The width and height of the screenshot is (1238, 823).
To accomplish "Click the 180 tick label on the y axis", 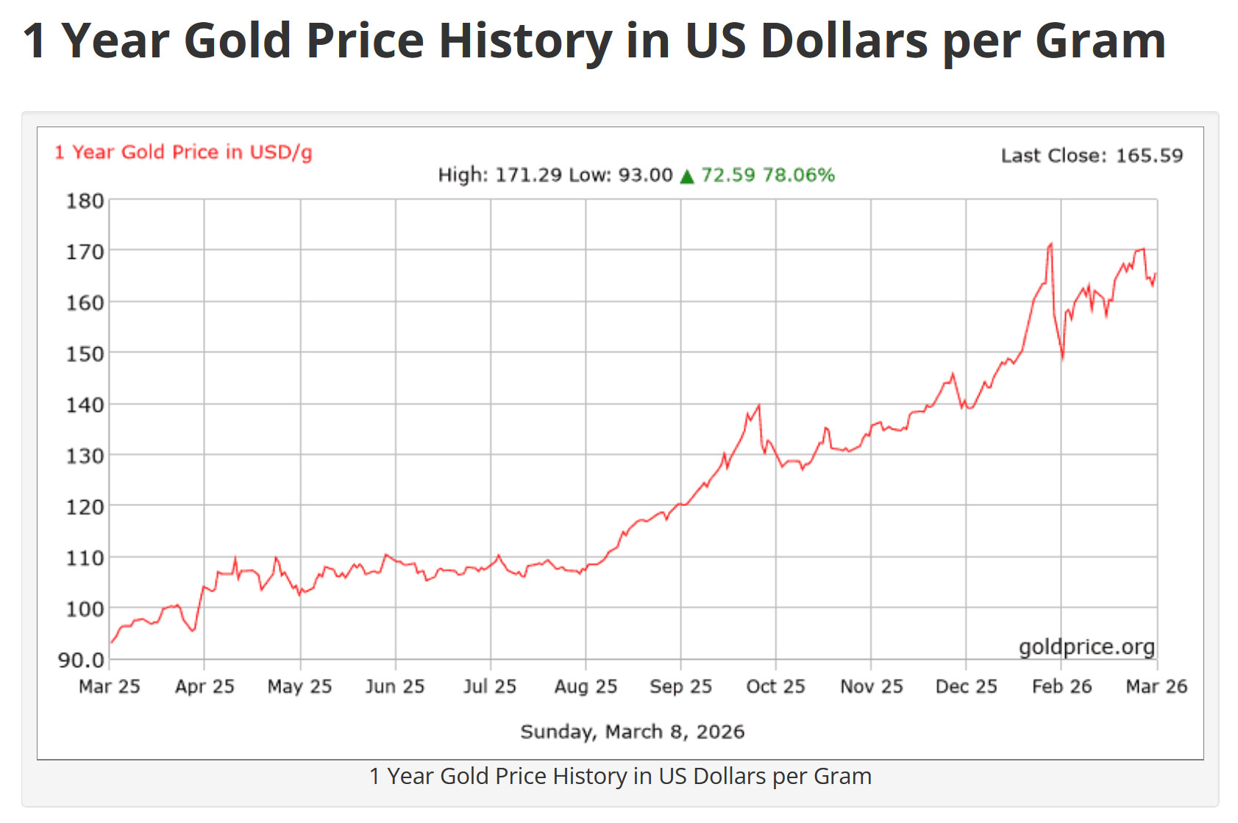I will pos(85,201).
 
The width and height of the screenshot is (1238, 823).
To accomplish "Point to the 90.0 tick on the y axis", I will pos(80,660).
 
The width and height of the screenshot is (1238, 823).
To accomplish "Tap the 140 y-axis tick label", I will pos(85,405).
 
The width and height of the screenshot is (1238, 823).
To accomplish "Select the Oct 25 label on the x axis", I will pos(775,686).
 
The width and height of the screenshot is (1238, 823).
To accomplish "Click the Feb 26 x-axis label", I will pos(1061,686).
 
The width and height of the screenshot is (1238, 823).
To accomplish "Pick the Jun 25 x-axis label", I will pos(395,686).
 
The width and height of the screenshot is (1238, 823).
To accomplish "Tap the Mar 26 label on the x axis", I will pos(1156,686).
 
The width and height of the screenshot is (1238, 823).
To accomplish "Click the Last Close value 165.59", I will pos(1149,156).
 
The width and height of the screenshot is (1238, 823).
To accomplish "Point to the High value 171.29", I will pos(528,175).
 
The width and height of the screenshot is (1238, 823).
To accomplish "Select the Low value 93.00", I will pos(646,175).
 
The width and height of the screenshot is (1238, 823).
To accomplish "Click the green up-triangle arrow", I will pos(687,177).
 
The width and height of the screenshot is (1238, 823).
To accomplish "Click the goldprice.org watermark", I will pos(1086,646).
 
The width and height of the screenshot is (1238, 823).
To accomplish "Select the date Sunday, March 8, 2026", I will pos(632,732).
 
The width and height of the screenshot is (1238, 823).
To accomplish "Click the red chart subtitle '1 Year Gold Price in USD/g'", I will pos(183,152).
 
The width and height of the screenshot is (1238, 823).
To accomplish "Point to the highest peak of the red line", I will pos(1050,244).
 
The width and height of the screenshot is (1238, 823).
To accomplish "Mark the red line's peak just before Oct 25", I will pos(758,405).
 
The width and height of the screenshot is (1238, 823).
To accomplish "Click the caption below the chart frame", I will pos(620,776).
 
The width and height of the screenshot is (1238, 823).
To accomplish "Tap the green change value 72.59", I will pos(727,175).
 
